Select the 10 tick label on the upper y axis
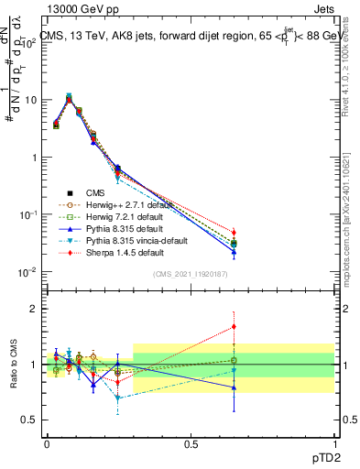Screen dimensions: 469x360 coord(29,100)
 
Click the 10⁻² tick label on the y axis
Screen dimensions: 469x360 coord(27,272)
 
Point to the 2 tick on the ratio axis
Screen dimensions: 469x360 coord(34,310)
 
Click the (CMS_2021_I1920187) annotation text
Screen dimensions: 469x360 coord(190,274)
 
